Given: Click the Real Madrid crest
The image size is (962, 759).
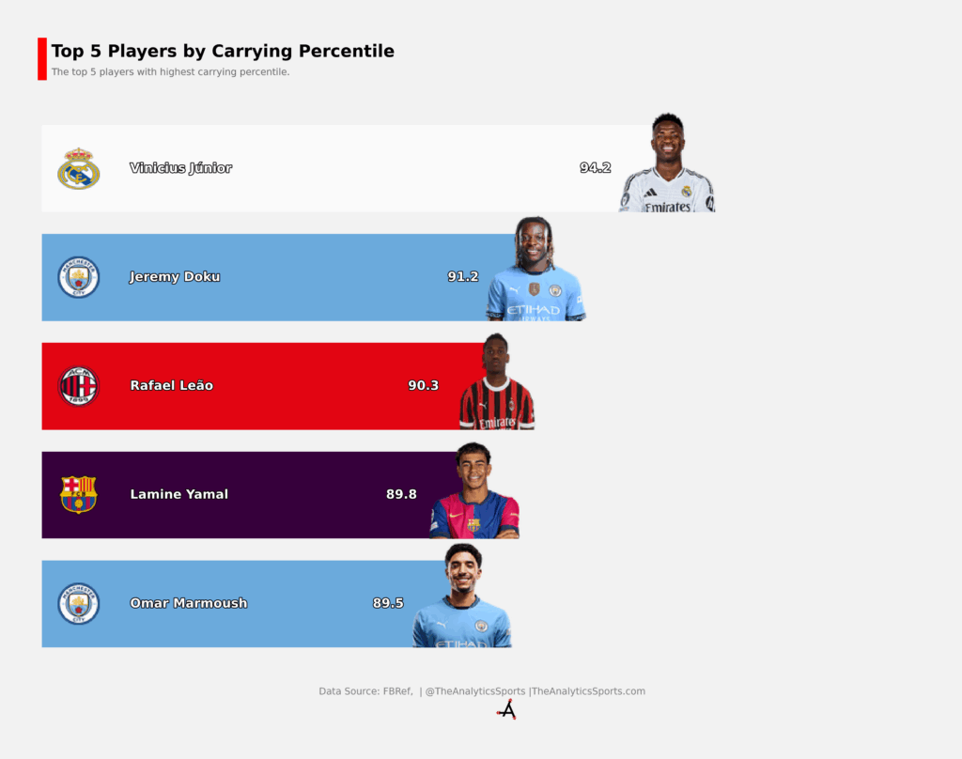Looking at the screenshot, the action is (x=79, y=169).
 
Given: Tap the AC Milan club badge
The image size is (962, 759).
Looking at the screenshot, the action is (x=79, y=386).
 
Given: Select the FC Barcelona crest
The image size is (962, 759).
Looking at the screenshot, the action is (x=79, y=494).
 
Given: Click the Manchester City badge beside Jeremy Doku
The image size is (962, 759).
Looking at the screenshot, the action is (x=79, y=277).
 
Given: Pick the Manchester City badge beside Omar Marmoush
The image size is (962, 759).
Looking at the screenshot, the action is (x=79, y=604).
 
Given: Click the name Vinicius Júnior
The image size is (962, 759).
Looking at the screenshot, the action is (x=181, y=168).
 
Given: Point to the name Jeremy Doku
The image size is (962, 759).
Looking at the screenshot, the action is (x=175, y=277).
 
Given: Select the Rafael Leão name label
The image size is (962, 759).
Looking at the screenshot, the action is (x=172, y=385).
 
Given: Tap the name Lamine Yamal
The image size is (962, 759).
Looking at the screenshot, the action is (x=179, y=494).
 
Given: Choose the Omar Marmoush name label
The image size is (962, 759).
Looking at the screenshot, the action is (x=189, y=603).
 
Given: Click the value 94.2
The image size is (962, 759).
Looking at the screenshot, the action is (x=595, y=167).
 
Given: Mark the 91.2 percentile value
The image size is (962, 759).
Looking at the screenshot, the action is (x=462, y=277).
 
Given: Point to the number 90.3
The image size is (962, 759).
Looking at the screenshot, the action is (x=424, y=385).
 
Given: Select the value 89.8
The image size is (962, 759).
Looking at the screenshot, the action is (x=401, y=494).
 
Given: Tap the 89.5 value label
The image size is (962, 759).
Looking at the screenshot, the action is (x=388, y=603).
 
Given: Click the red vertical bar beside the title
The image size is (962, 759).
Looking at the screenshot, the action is (x=42, y=59).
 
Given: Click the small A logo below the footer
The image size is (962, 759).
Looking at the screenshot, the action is (x=506, y=710).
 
